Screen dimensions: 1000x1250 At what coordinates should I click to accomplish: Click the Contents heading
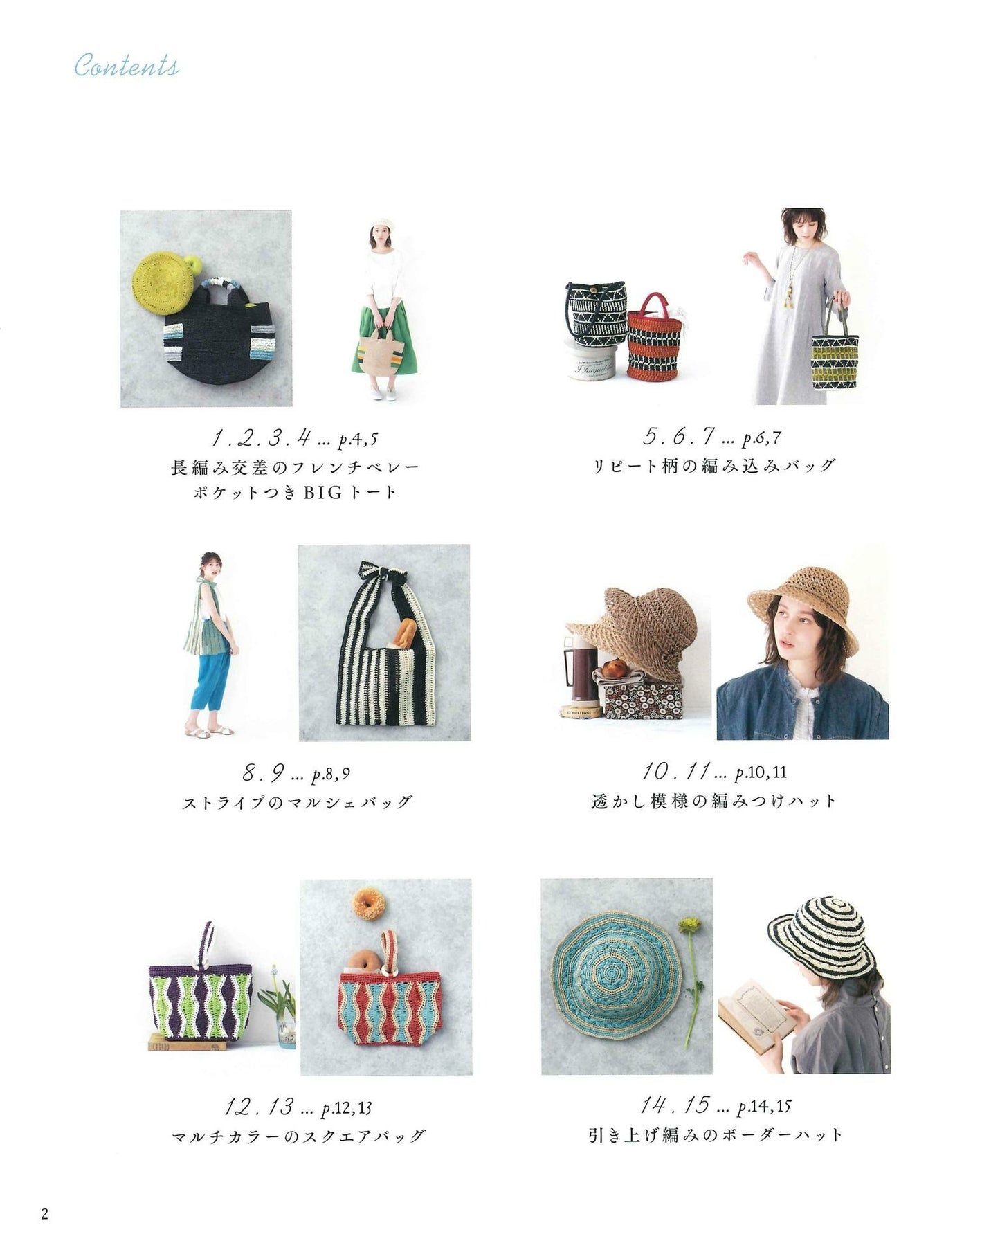[127, 66]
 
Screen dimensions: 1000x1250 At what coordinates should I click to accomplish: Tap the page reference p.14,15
[764, 1107]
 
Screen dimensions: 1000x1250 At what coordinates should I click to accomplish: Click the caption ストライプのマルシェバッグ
[298, 802]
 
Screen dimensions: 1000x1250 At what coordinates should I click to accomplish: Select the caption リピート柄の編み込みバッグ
[715, 465]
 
